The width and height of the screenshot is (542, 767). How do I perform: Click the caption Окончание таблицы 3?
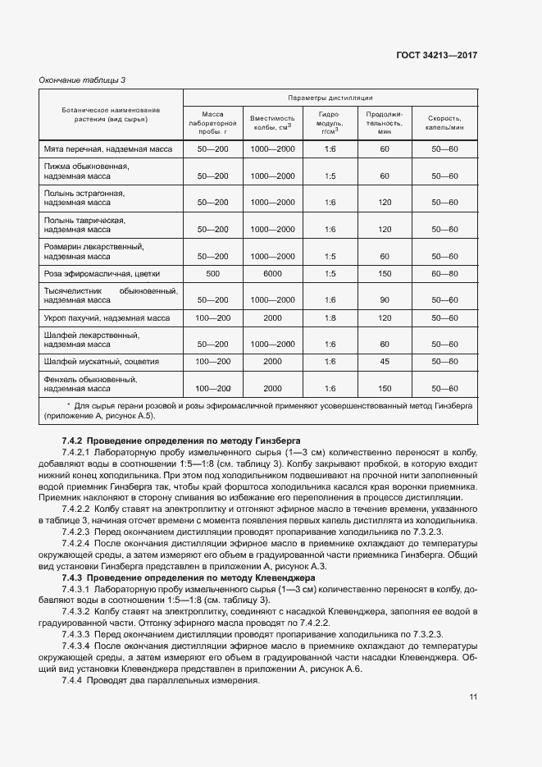[83, 80]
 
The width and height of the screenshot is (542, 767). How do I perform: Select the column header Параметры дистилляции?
[330, 97]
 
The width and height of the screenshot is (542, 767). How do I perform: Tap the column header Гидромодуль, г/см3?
[330, 122]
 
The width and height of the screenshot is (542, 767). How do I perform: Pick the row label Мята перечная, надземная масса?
[107, 149]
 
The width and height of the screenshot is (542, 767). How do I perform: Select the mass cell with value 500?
[213, 273]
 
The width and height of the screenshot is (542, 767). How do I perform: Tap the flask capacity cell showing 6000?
[272, 273]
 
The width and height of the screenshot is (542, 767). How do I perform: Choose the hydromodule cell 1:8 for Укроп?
[330, 317]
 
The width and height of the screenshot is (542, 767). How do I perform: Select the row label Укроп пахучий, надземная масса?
[107, 317]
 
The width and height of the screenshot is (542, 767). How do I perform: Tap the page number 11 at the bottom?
[473, 697]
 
